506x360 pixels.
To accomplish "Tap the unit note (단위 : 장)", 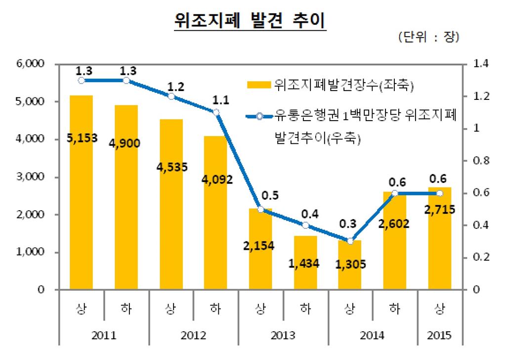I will point(428,38).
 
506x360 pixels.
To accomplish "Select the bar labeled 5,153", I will point(81,198).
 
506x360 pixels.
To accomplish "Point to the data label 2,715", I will point(439,210).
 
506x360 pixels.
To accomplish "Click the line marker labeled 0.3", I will point(350,241).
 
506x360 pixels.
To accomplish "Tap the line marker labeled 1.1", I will point(215,112).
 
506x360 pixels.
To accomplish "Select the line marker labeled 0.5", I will point(260,209).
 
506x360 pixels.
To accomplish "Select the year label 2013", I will point(283,336).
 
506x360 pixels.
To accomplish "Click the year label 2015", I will point(439,336).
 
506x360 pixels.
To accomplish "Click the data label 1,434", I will point(305,264).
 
